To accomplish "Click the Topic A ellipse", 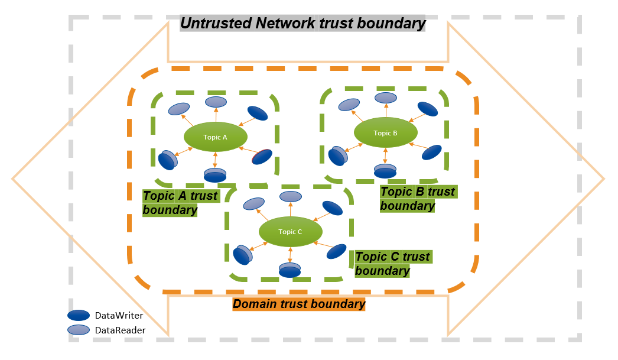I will click(214, 137).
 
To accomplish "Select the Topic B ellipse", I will click(385, 133).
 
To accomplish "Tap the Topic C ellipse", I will click(290, 232).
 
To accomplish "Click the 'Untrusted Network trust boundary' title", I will click(303, 24).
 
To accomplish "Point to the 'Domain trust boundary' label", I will click(299, 304).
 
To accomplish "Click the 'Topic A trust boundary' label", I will click(180, 203).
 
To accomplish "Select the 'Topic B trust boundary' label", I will click(417, 199).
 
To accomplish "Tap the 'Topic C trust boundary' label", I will click(392, 264).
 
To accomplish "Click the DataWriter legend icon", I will click(79, 316).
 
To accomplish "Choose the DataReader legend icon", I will click(79, 330).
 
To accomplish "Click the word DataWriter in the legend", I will click(119, 316).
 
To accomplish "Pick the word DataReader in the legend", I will click(120, 330).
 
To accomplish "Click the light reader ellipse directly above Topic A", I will click(215, 102).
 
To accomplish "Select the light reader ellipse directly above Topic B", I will click(386, 98).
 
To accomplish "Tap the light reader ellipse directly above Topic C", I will click(290, 196).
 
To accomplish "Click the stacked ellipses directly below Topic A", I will click(215, 175).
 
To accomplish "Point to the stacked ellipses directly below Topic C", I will click(290, 270).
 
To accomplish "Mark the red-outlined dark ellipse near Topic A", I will click(262, 157).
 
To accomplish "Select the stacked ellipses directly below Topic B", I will click(385, 171).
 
